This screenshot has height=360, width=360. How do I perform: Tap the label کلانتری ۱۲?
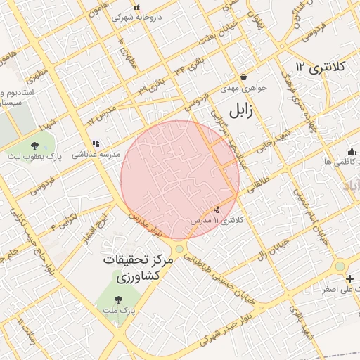(x=321, y=67)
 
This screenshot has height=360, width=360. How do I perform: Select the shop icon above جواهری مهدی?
(x=243, y=77)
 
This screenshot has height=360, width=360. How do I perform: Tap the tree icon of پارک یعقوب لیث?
(x=34, y=146)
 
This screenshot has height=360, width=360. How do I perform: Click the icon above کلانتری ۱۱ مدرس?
(x=217, y=209)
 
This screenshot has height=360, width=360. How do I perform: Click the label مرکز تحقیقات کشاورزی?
(x=136, y=268)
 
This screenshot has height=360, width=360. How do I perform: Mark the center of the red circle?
(x=180, y=180)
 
